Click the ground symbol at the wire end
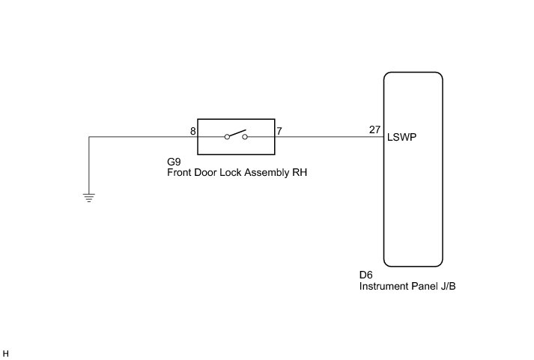[x=88, y=198]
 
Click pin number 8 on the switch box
[x=193, y=131]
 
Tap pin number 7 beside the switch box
[x=279, y=131]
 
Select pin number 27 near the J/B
[x=374, y=130]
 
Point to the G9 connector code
[x=174, y=162]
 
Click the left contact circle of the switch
[x=227, y=137]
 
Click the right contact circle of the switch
[x=245, y=137]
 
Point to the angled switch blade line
[x=236, y=134]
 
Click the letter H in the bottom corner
[x=6, y=353]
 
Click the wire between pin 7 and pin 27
[x=326, y=137]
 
